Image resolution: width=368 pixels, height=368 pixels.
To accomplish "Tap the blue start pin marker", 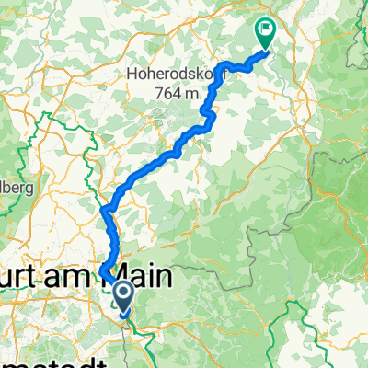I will (x=121, y=293).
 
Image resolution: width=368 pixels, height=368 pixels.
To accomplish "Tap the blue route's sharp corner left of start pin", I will (x=102, y=270).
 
